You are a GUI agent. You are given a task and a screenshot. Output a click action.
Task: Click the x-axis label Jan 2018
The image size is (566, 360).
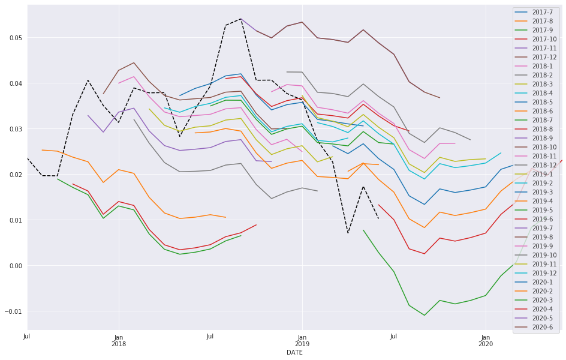click(118, 341)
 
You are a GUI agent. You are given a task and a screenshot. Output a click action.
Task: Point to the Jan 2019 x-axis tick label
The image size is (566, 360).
click(302, 341)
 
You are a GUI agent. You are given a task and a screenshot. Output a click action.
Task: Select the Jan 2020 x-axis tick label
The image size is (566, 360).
click(485, 341)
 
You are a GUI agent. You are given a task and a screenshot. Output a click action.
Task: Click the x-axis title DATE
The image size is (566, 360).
click(294, 353)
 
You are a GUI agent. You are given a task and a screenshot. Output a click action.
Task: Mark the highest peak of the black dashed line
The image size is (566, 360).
click(240, 19)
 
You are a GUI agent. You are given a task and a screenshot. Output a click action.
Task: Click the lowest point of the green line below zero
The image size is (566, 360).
click(424, 315)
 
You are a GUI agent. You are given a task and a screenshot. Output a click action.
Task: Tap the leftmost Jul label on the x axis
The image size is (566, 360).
click(27, 337)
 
